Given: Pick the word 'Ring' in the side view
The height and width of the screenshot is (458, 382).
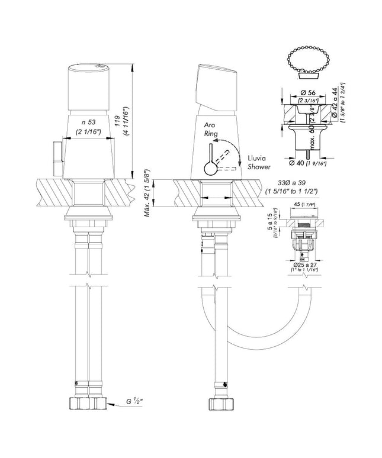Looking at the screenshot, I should pos(211,135).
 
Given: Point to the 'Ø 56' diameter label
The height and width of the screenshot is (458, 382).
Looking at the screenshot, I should pos(307,93).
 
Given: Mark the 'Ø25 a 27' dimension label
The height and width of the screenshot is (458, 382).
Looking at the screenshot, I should pos(306,263).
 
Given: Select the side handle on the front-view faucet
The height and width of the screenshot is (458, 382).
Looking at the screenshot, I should pos(58,159).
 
